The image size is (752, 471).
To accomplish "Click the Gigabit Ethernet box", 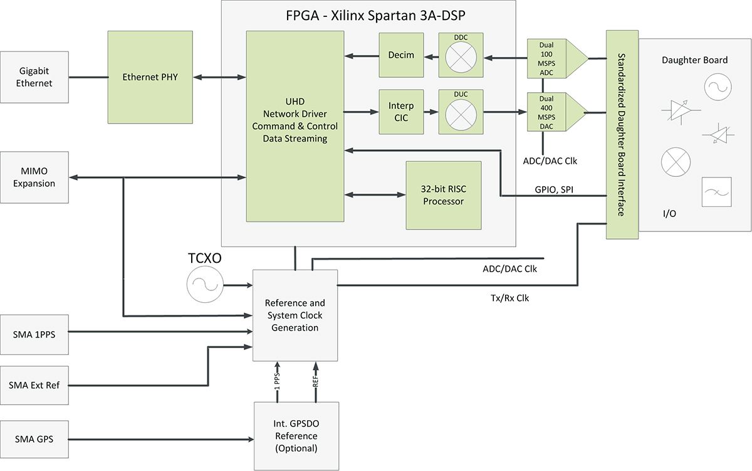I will tap(34, 77).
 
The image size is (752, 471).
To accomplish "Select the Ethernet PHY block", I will tap(150, 77).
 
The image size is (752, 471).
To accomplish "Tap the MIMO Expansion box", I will tap(34, 178).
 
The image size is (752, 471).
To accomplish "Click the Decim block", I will tap(401, 55).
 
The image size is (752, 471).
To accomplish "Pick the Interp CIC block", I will tap(401, 112).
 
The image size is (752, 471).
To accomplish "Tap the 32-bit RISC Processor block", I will tap(444, 195).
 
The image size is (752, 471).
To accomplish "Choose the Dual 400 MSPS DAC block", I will tap(546, 113).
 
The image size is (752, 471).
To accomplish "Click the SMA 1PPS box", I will tap(34, 334).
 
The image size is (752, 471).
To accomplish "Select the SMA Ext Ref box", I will tap(34, 385).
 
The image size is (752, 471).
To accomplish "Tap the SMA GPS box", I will tap(34, 439).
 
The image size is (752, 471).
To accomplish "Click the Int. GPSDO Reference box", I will tap(296, 436).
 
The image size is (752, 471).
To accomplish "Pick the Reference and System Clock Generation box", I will tap(295, 315).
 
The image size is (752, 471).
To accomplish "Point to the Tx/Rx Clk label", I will tap(510, 299).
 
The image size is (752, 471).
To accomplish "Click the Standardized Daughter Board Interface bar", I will tap(622, 134).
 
